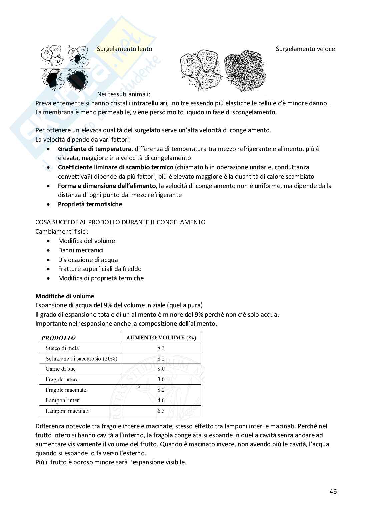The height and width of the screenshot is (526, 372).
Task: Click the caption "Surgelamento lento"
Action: pyautogui.click(x=124, y=49)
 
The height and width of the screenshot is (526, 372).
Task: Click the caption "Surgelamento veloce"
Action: pyautogui.click(x=305, y=49)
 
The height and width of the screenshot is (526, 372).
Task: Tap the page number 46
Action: pyautogui.click(x=333, y=491)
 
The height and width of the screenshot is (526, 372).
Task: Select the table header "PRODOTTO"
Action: pyautogui.click(x=58, y=338)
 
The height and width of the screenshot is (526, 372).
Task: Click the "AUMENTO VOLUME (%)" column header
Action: pyautogui.click(x=161, y=338)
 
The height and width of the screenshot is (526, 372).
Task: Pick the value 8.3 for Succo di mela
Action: pyautogui.click(x=161, y=348)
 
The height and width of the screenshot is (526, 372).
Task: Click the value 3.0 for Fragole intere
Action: pyautogui.click(x=161, y=379)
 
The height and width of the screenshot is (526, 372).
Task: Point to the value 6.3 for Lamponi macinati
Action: pyautogui.click(x=161, y=411)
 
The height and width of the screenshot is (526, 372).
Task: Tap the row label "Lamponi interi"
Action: pyautogui.click(x=63, y=400)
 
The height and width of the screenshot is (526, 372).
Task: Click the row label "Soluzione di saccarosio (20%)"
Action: pyautogui.click(x=81, y=359)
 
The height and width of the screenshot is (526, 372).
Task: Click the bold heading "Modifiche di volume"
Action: pyautogui.click(x=65, y=296)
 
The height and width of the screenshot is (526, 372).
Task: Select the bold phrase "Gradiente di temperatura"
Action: pyautogui.click(x=95, y=149)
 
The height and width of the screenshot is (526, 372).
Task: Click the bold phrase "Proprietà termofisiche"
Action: pyautogui.click(x=90, y=204)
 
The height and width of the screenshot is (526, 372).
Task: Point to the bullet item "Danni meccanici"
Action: pyautogui.click(x=81, y=250)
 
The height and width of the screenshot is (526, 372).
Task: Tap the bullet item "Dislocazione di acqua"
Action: pyautogui.click(x=88, y=260)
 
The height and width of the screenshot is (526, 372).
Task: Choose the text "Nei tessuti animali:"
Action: pyautogui.click(x=124, y=94)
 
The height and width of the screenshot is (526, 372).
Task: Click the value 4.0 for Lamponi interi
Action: pyautogui.click(x=161, y=400)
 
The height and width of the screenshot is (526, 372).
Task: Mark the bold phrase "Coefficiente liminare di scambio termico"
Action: pyautogui.click(x=116, y=167)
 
